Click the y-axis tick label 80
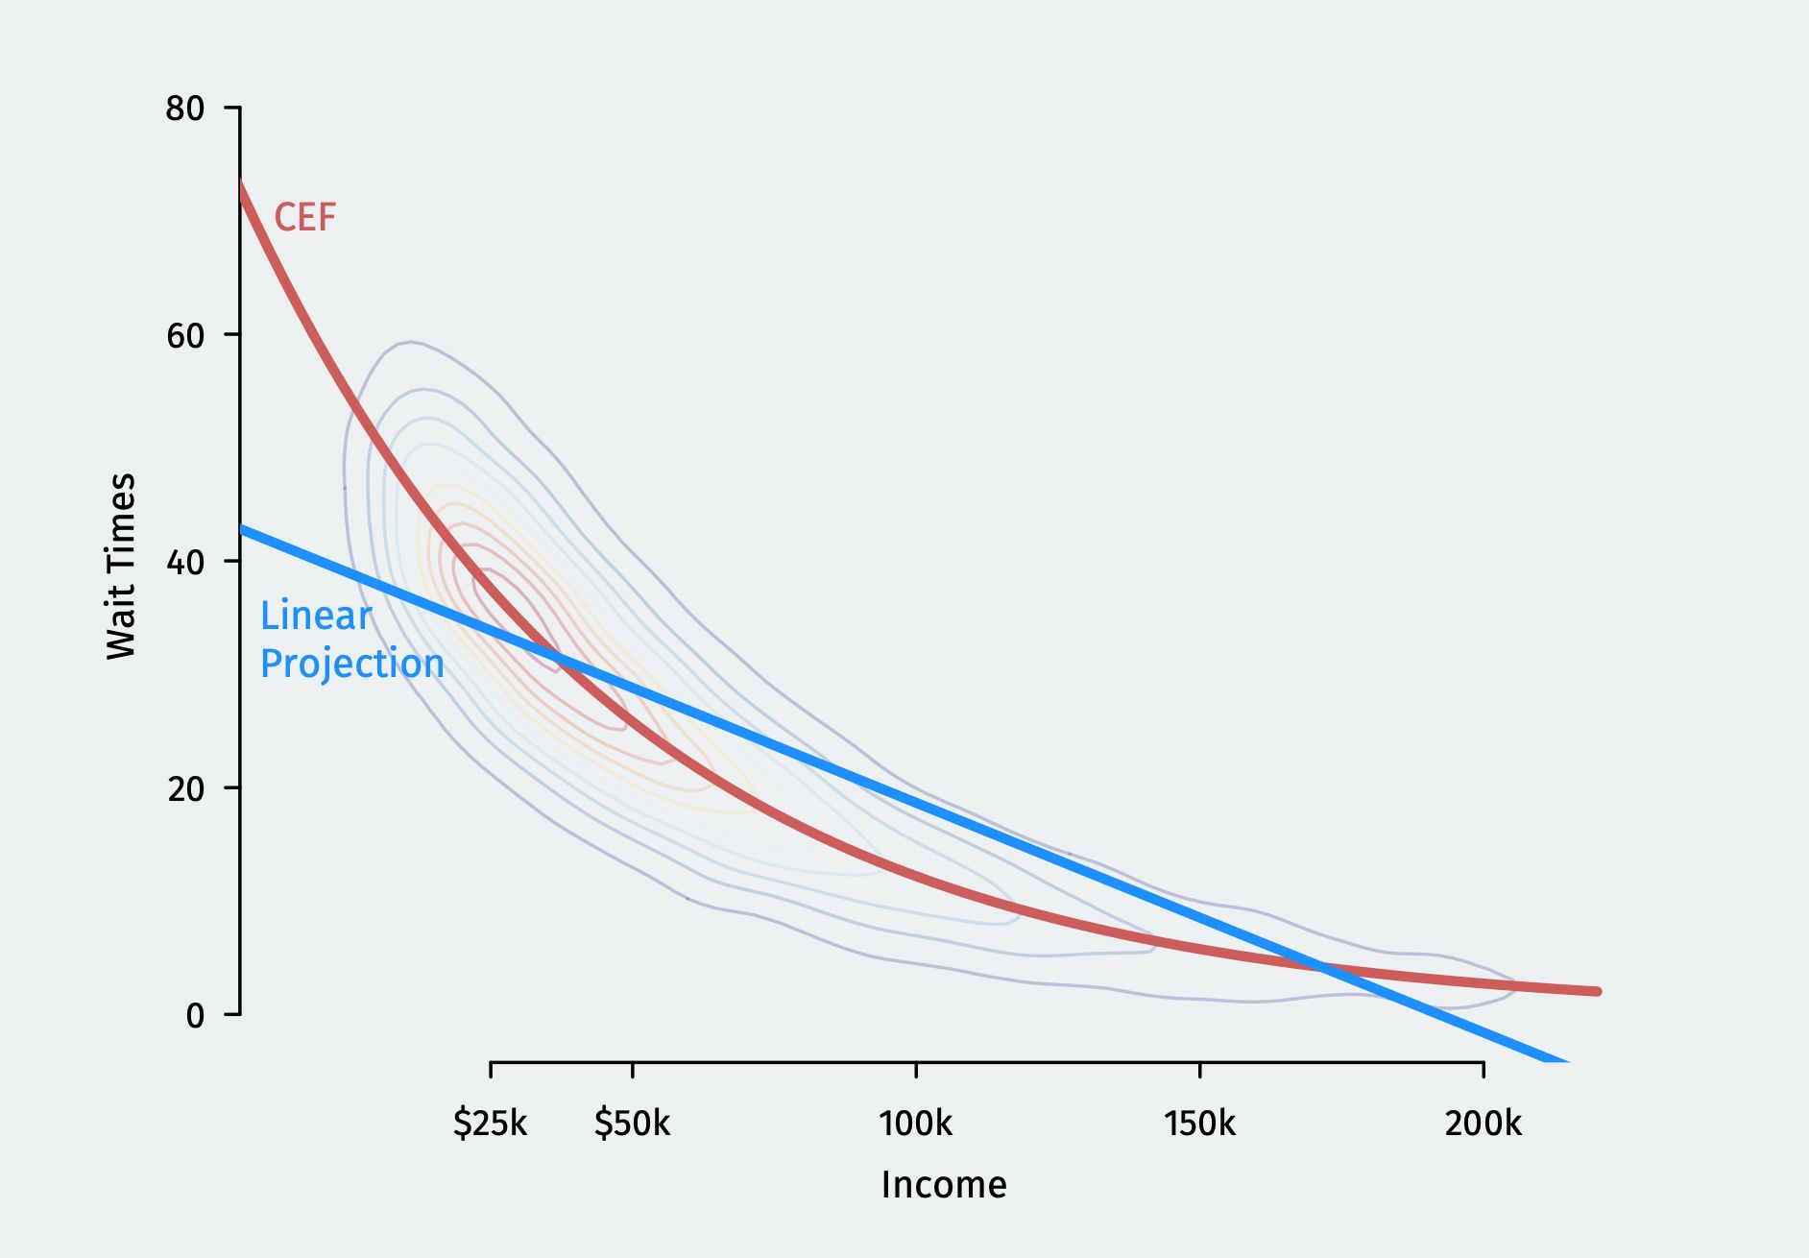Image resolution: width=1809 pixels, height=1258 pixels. pos(185,109)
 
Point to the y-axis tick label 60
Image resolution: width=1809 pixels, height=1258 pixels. pos(185,335)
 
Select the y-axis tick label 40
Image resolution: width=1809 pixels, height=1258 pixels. pos(185,562)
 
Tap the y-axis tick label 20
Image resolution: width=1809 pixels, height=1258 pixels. pos(185,788)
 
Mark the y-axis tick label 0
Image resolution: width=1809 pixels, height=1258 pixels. pos(195,1015)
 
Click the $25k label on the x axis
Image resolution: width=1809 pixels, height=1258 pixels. pos(491,1123)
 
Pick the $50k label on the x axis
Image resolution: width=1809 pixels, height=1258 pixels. pos(632,1123)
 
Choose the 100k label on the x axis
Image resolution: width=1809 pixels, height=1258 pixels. pos(916,1123)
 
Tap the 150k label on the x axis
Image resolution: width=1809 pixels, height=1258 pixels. pos(1199,1123)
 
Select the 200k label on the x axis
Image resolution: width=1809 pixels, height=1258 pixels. pos(1483,1123)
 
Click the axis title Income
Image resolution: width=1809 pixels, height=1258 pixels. pos(944,1185)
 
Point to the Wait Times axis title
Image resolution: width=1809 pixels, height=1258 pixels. pos(122,566)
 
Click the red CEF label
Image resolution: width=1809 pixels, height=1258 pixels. pos(305,218)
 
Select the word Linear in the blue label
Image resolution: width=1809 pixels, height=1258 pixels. pos(316,616)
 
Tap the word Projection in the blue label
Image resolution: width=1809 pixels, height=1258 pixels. pos(352,665)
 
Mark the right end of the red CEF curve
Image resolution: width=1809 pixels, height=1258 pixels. pos(1598,991)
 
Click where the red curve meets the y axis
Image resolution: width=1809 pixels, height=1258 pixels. pos(240,182)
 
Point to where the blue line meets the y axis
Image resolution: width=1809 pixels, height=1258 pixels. pos(240,527)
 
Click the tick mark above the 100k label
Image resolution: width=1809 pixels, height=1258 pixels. pos(916,1071)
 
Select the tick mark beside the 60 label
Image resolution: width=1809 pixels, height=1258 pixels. pos(231,334)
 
